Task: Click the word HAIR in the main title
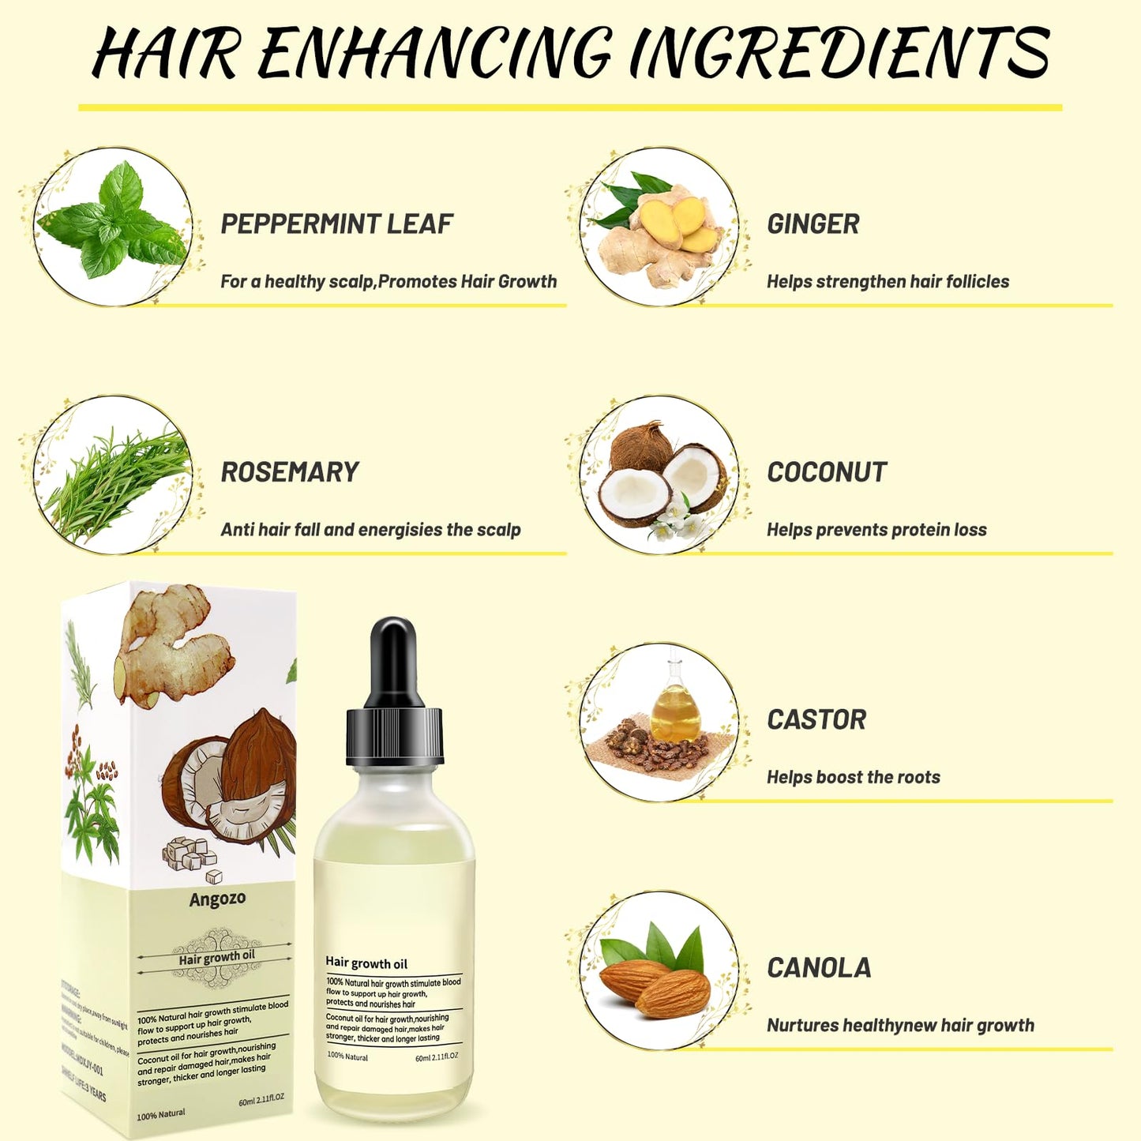[x=166, y=53]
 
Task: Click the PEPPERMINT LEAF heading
[x=336, y=224]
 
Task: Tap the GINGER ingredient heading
[x=813, y=224]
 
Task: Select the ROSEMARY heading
[x=289, y=472]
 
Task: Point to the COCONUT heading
[x=827, y=472]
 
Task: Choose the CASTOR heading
[x=816, y=720]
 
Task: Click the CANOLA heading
[x=819, y=968]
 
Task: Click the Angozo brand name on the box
[x=217, y=899]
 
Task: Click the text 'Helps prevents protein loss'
[x=876, y=530]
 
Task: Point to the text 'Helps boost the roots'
[x=853, y=778]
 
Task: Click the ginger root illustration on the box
[x=170, y=640]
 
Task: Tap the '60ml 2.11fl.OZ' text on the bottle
[x=437, y=1057]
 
